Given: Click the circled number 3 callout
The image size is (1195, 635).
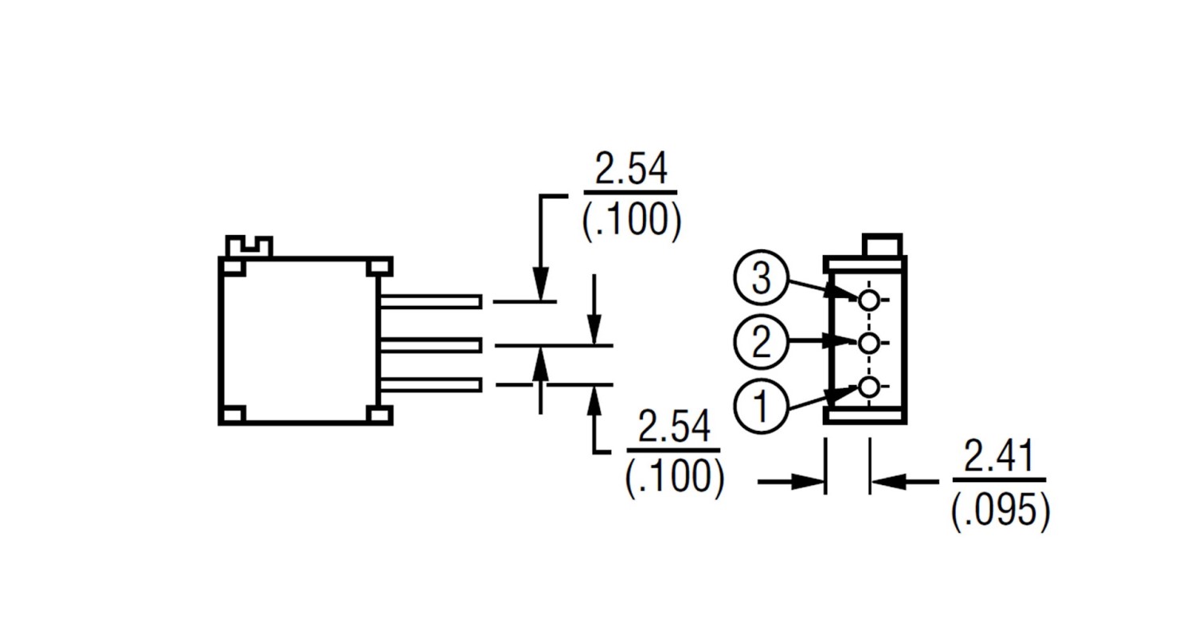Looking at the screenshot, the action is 761,277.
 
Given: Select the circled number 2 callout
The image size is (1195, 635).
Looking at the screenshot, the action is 761,342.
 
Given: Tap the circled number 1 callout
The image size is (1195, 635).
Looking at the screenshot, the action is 761,406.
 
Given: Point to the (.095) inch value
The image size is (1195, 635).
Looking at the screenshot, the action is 1001,511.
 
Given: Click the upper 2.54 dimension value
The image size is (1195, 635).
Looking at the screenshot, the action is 631,168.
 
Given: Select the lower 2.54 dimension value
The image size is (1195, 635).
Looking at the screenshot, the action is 674,425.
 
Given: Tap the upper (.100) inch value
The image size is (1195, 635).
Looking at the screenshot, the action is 632,221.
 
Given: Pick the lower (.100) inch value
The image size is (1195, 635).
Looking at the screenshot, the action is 675,476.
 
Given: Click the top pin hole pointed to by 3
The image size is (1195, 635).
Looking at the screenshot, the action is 868,300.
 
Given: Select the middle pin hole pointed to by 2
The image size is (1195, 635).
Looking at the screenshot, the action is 868,343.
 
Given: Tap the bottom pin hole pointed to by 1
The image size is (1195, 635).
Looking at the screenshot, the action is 868,387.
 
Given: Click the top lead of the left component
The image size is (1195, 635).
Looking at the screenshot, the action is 431,301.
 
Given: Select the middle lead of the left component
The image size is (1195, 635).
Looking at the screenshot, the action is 431,345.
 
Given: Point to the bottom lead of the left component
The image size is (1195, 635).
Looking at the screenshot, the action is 431,385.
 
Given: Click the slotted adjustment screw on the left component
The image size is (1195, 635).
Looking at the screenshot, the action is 249,246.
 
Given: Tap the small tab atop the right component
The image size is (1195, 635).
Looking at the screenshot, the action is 883,245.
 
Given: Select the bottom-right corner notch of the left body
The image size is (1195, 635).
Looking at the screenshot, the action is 380,414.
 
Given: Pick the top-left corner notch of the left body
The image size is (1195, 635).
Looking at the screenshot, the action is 232,266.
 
